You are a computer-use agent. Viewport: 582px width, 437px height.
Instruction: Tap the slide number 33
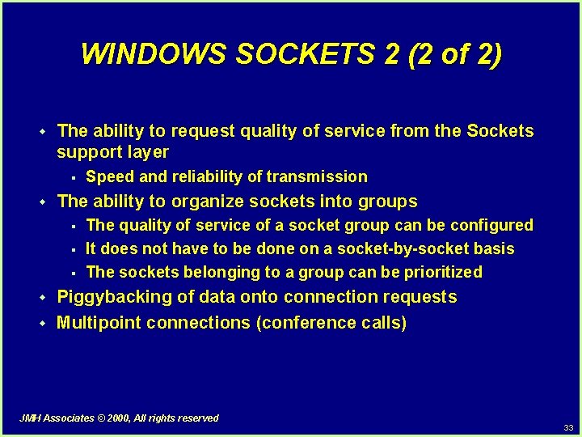[x=569, y=427]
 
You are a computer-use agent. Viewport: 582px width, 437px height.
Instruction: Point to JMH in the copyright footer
[x=31, y=418]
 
